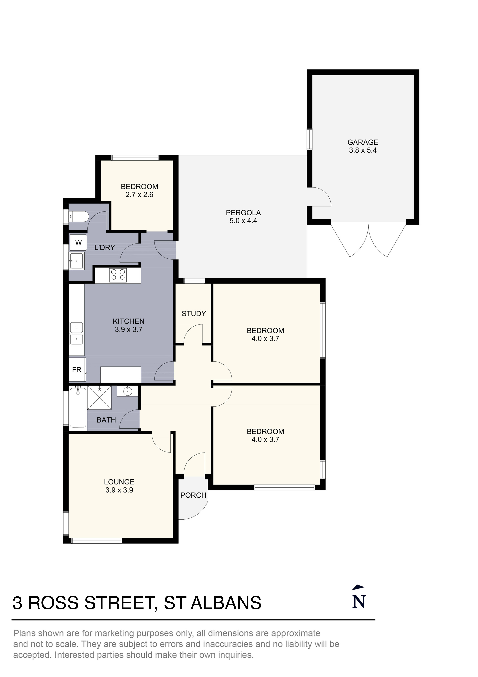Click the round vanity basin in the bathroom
point(128,391)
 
